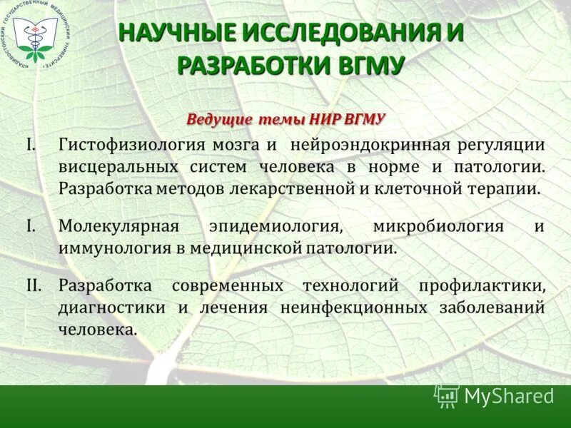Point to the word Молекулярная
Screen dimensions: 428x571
(x=118, y=226)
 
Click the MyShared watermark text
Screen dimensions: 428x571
(x=509, y=396)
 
